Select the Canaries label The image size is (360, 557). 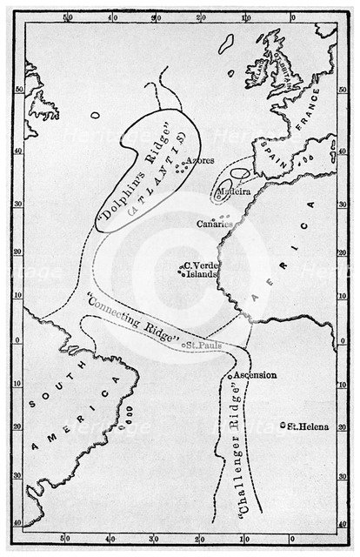(214, 224)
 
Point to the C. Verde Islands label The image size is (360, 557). (198, 271)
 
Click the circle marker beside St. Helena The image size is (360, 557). (283, 426)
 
